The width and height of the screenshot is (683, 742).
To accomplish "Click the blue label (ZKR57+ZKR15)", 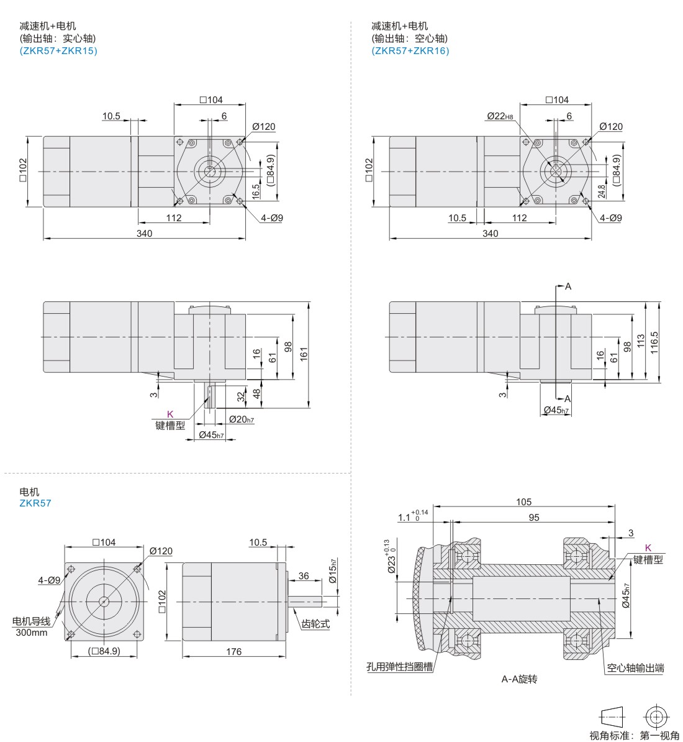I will [x=58, y=51].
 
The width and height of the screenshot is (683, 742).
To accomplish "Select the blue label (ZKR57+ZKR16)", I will [x=410, y=51].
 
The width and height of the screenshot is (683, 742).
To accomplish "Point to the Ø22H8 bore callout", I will [x=500, y=116].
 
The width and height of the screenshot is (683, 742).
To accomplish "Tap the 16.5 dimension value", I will [x=256, y=191].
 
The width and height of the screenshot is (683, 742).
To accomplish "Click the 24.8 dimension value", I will [x=601, y=191].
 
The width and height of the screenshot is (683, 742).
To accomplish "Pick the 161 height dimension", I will [x=304, y=354].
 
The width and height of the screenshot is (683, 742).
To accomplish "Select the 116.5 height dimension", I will [x=654, y=342].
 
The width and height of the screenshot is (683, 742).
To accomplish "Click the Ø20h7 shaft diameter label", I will [x=242, y=420].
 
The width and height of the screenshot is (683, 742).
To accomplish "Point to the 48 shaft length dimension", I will [x=256, y=393].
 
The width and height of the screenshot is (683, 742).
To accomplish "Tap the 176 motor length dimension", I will [x=233, y=652].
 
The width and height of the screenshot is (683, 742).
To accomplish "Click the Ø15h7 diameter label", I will [x=332, y=571].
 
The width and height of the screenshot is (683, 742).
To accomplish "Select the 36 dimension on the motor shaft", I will [x=304, y=576].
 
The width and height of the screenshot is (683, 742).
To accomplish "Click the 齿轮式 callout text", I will [x=315, y=624].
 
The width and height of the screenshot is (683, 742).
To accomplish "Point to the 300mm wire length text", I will [x=32, y=633].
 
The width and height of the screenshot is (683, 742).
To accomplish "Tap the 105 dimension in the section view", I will [x=523, y=502].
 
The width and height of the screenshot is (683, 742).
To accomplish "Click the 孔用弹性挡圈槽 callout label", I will [x=399, y=667].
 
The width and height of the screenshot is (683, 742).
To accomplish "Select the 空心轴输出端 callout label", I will [x=635, y=668].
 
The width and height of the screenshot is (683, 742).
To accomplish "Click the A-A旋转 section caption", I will [x=519, y=679].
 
